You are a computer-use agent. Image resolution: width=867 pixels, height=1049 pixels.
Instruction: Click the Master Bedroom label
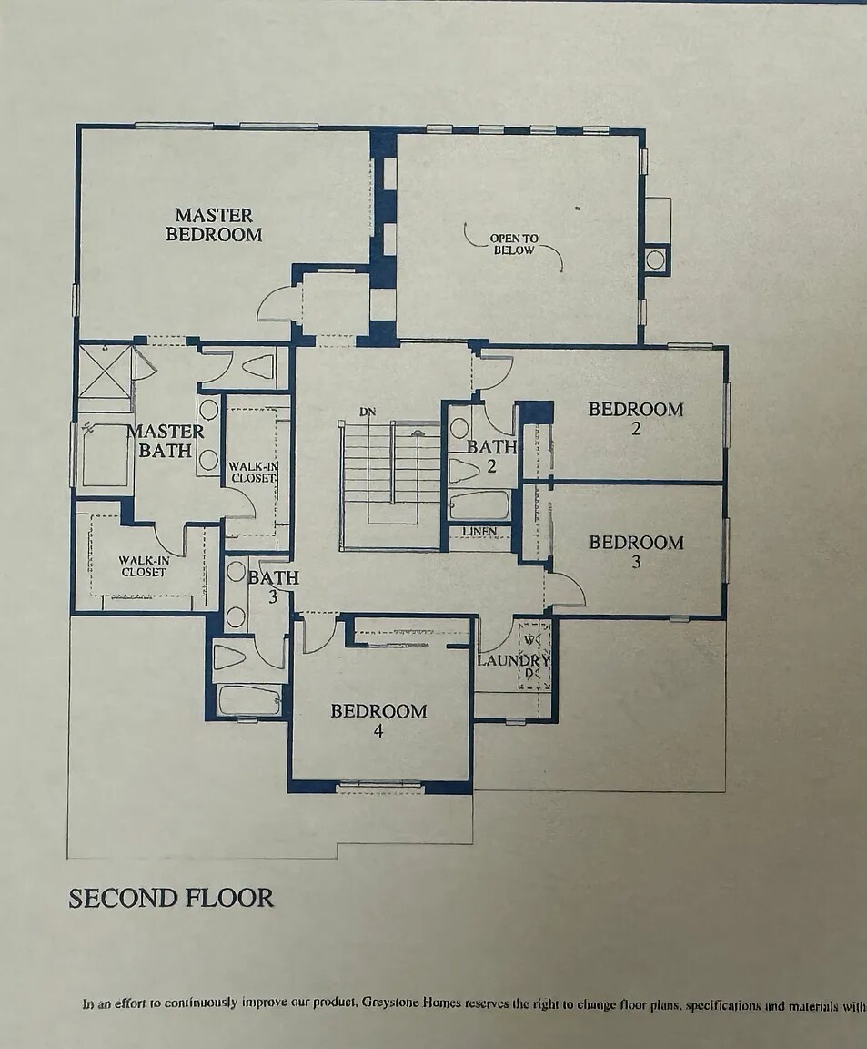click(x=214, y=225)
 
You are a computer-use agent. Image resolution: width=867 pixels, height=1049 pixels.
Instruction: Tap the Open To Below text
click(x=514, y=244)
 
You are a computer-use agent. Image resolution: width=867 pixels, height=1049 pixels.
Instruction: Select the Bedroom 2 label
click(x=635, y=418)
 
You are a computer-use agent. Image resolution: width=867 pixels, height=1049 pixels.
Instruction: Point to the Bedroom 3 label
click(x=635, y=551)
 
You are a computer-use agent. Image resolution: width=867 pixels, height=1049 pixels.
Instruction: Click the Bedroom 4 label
click(x=378, y=720)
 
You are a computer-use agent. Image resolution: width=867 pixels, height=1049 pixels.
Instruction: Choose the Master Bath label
click(x=164, y=441)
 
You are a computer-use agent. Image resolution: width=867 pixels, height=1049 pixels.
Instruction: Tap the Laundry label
click(x=513, y=659)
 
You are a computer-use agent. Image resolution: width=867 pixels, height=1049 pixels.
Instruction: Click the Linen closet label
click(x=479, y=532)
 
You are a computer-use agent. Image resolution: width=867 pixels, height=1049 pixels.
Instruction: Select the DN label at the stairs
click(x=368, y=412)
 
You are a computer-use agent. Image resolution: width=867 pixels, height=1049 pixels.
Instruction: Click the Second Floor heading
click(x=170, y=898)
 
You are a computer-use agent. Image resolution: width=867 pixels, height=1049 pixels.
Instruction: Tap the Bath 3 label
click(x=273, y=586)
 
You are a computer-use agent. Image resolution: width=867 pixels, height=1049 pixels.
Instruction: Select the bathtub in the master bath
click(x=103, y=454)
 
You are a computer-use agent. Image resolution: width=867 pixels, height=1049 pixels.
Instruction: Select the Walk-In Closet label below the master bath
click(x=144, y=566)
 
